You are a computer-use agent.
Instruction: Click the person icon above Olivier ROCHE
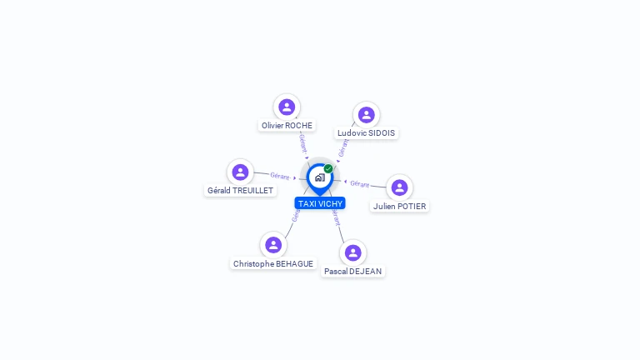pos(287,107)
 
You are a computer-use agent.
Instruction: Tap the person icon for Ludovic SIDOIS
pos(367,115)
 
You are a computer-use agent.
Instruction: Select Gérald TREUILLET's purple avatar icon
pos(240,172)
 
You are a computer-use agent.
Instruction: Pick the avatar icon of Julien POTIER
pos(399,187)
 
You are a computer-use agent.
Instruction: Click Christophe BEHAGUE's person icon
pos(273,245)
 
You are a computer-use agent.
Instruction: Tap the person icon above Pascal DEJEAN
pos(353,252)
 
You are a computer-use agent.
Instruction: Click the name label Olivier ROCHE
pos(287,126)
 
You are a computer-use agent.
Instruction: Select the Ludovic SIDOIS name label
pos(367,133)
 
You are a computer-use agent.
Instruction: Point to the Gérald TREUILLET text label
pos(240,191)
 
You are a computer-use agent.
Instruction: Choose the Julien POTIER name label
pos(399,206)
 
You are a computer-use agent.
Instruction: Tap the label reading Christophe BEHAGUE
pos(273,264)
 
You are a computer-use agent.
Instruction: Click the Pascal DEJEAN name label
pos(353,272)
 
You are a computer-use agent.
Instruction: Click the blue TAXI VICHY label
pos(320,203)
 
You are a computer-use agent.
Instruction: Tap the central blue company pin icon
pos(319,177)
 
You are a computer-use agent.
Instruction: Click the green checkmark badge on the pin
pos(328,169)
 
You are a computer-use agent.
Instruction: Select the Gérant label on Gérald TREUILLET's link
pos(280,176)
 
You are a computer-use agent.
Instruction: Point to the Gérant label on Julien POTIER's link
pos(359,183)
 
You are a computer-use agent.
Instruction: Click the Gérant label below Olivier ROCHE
pos(303,143)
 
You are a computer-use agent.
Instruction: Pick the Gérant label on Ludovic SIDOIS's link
pos(343,147)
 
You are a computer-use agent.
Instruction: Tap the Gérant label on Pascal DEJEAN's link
pos(336,218)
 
